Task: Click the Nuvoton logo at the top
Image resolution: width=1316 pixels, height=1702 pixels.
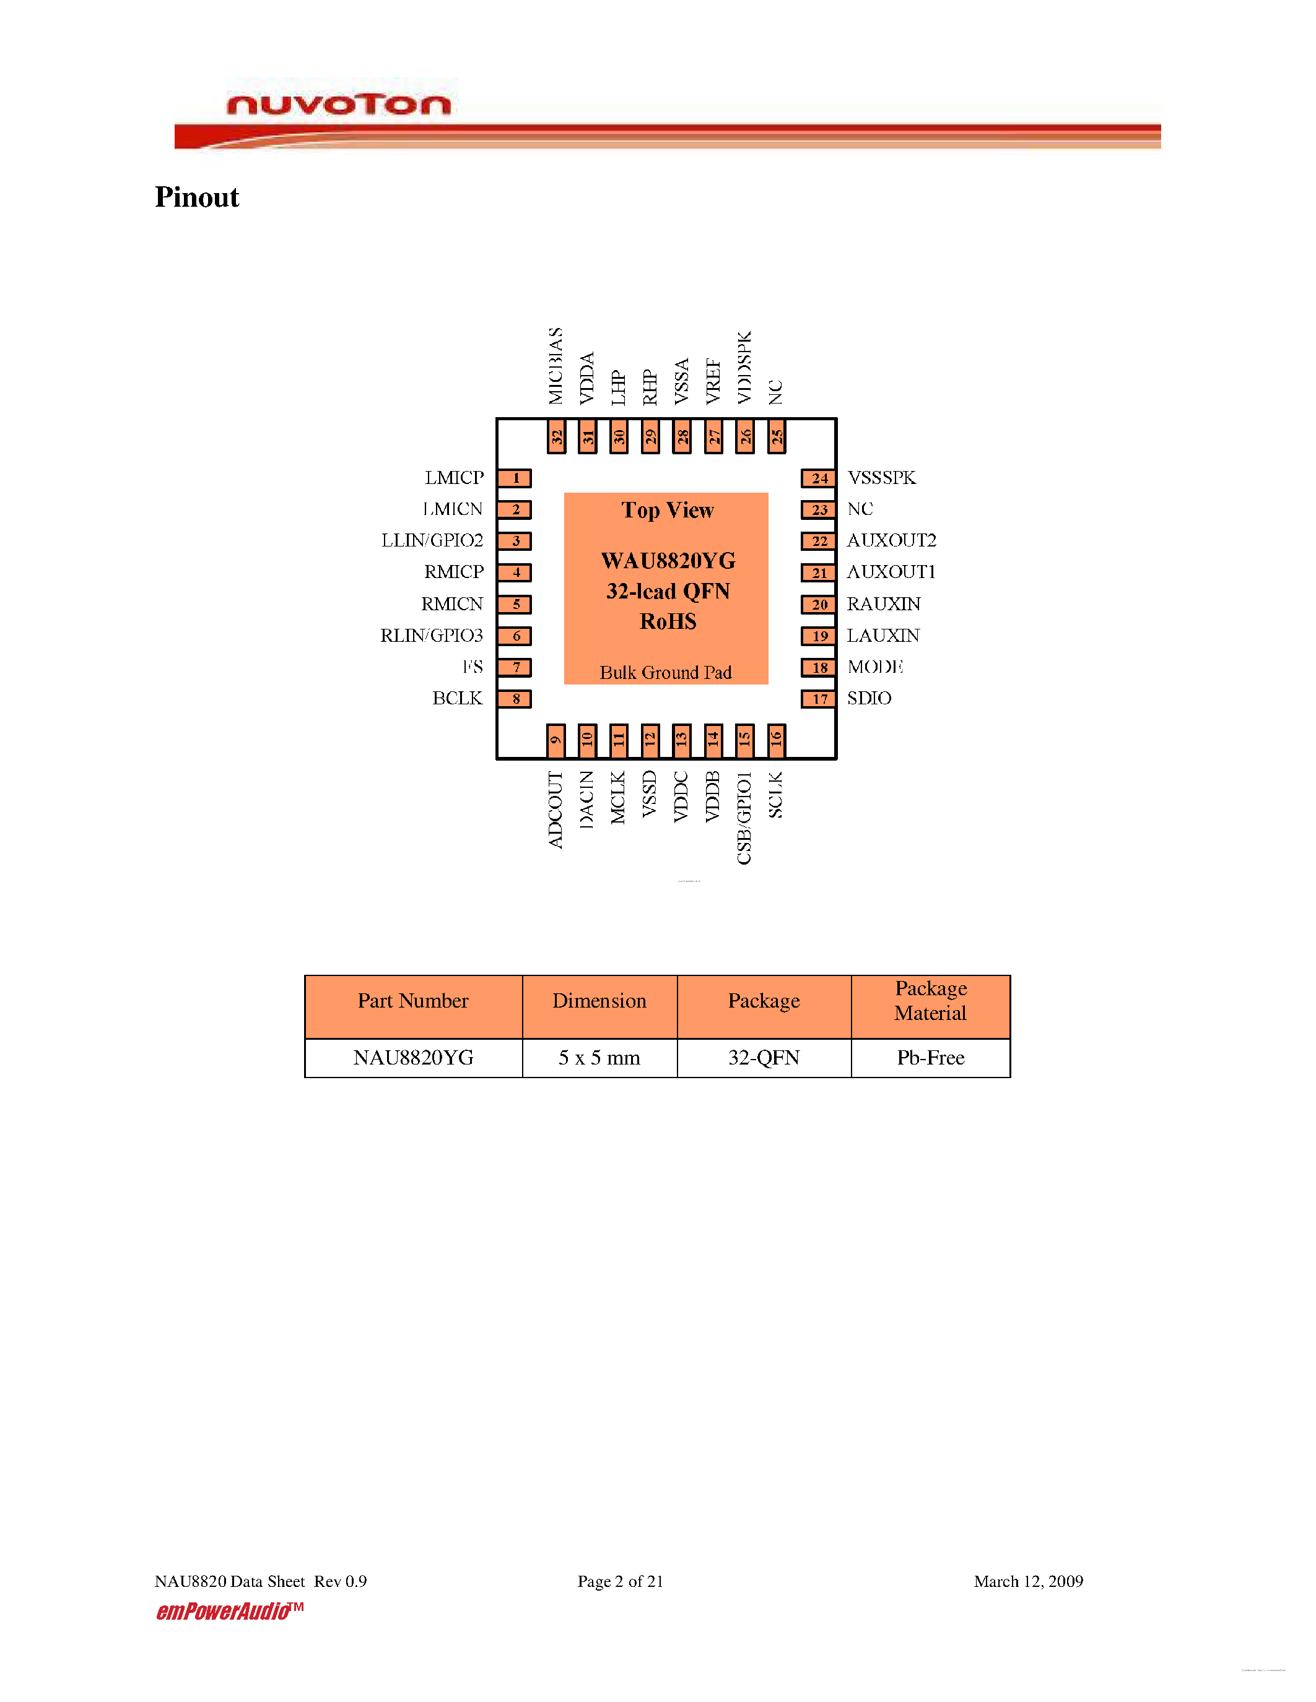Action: click(x=338, y=103)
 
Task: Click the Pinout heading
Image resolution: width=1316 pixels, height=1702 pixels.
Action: click(x=196, y=197)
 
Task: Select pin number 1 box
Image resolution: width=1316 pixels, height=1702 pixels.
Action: click(x=515, y=478)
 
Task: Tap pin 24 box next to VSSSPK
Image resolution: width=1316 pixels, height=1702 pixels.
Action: click(x=819, y=478)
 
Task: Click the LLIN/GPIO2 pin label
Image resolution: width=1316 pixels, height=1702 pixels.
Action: click(x=432, y=540)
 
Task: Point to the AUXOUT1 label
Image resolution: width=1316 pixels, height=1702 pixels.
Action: click(x=891, y=572)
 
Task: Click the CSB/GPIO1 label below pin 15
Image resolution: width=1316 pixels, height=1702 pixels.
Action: click(x=744, y=818)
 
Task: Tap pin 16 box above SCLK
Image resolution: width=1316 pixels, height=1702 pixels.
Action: click(x=776, y=740)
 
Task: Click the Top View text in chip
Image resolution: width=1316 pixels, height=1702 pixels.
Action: click(x=668, y=511)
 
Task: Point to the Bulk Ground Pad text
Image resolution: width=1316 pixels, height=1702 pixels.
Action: click(x=665, y=673)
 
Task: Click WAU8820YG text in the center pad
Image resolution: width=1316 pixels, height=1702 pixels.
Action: click(x=668, y=561)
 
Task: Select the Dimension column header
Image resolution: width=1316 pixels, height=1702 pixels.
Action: click(x=599, y=1001)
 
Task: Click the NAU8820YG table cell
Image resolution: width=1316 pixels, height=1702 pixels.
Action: click(x=413, y=1058)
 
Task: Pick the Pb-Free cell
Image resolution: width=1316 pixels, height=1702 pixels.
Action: click(x=930, y=1058)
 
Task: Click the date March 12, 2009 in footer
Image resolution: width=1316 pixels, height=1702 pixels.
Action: click(x=1027, y=1581)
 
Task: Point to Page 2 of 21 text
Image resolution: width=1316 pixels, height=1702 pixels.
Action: click(x=620, y=1581)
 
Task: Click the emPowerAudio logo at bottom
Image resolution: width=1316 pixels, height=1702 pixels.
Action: click(x=228, y=1612)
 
